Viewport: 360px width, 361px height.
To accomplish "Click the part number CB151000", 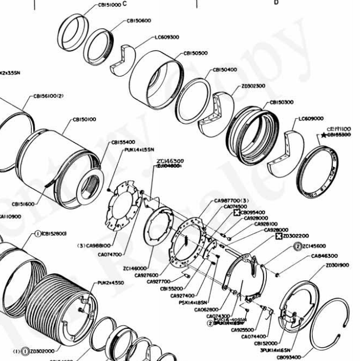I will (109, 4).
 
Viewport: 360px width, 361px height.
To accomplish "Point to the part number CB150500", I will (196, 53).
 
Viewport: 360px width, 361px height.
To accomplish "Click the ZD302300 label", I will (253, 86).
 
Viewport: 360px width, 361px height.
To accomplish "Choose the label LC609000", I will (311, 118).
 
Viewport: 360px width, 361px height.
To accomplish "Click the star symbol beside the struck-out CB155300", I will (323, 135).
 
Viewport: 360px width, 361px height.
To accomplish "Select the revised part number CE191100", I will (339, 128).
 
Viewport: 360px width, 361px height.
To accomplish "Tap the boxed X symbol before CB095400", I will (236, 212).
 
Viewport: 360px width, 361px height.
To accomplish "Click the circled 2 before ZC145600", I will (297, 246).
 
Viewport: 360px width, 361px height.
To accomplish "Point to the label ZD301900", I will (337, 265).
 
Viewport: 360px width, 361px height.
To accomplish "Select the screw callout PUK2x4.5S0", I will (111, 283).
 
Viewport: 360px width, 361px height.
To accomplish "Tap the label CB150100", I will (84, 119).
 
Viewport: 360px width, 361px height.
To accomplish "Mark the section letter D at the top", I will (276, 3).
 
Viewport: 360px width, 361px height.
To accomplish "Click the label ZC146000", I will (134, 268).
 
